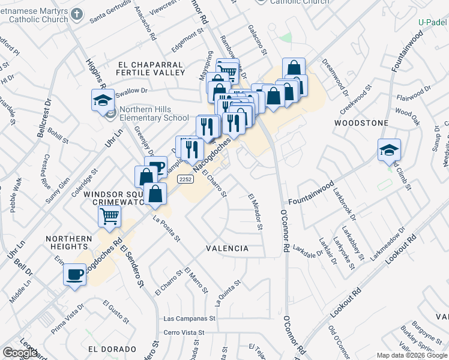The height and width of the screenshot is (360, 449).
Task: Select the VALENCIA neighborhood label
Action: point(227,248)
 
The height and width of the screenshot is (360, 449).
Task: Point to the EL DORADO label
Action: point(112,349)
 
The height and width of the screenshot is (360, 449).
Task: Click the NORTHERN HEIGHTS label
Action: point(69,242)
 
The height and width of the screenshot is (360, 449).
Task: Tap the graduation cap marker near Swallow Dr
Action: point(103,100)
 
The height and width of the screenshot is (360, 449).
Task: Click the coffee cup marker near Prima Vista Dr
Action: point(75,275)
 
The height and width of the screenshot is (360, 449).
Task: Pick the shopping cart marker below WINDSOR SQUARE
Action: point(110,216)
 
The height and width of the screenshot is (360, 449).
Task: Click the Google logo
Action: point(20,353)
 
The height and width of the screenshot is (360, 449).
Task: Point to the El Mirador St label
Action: point(255,211)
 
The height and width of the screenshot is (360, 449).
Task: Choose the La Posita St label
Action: point(167,229)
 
